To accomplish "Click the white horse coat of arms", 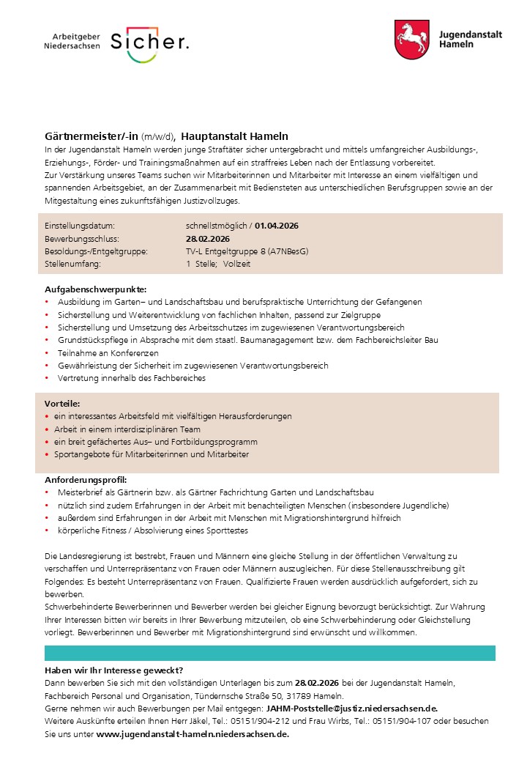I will click(x=411, y=40).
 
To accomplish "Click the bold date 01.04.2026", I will click(x=277, y=226).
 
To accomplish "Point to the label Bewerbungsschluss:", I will click(x=81, y=239).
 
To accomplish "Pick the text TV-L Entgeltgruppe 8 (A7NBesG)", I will click(x=247, y=251).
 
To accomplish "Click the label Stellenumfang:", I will click(x=74, y=264).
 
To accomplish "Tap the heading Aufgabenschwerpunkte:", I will click(x=95, y=289).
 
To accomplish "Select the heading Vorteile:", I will click(x=62, y=403).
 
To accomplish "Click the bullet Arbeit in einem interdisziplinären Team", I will click(x=127, y=429).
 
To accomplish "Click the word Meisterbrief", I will click(x=80, y=492).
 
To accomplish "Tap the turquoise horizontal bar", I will click(x=269, y=653).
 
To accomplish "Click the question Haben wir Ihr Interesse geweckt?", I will click(x=113, y=670).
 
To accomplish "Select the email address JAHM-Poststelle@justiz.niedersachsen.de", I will click(x=352, y=709).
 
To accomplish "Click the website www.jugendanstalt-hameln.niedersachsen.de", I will click(x=193, y=733).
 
